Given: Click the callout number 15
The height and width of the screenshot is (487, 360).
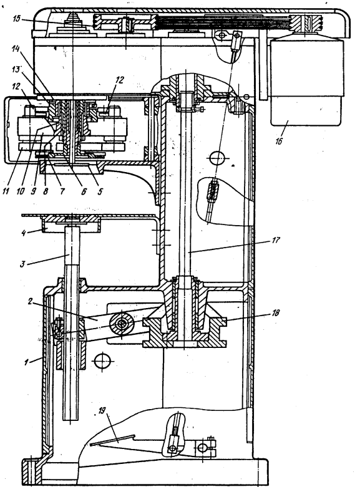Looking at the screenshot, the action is tap(16, 19).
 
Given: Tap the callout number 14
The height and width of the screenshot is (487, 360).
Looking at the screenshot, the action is tap(16, 49).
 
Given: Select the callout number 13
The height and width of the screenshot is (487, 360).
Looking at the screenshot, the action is tap(16, 70).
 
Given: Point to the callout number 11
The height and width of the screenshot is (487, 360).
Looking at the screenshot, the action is tap(6, 191).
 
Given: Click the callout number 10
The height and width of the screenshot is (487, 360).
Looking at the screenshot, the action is tap(21, 191).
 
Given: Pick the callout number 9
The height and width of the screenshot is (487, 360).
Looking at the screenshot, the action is tap(34, 191).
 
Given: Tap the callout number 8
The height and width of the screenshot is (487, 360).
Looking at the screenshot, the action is tap(46, 191).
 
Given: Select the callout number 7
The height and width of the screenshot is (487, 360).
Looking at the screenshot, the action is tap(62, 191).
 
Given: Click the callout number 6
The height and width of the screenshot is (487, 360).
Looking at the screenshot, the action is tap(84, 191).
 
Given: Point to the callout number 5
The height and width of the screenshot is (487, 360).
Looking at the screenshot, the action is tap(99, 191).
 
